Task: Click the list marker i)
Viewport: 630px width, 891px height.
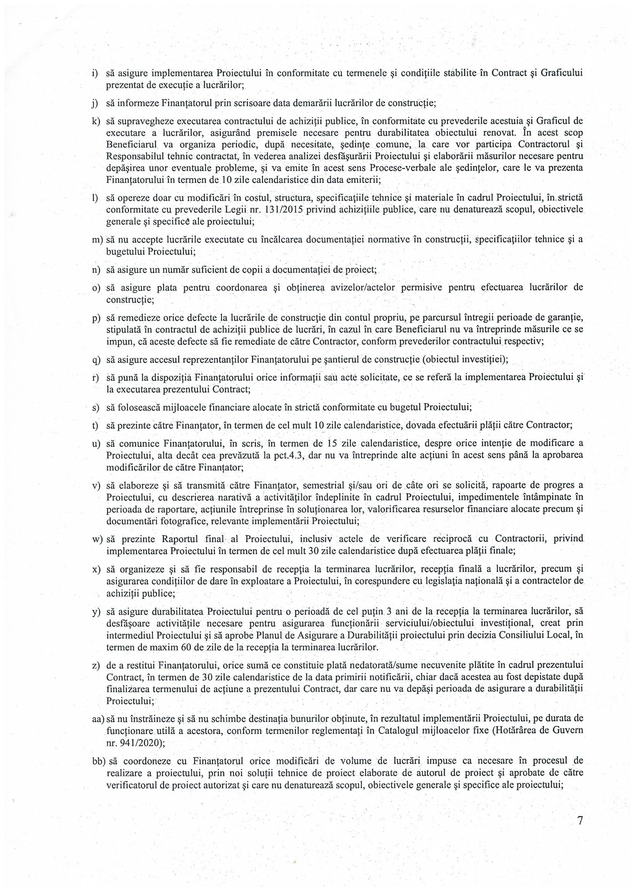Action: (x=94, y=73)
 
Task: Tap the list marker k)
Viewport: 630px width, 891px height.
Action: (x=95, y=121)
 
